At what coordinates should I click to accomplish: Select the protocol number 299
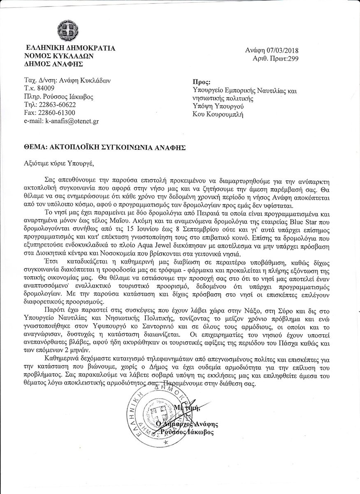(293, 58)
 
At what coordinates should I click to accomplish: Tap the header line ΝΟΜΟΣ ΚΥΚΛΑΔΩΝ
(59, 56)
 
